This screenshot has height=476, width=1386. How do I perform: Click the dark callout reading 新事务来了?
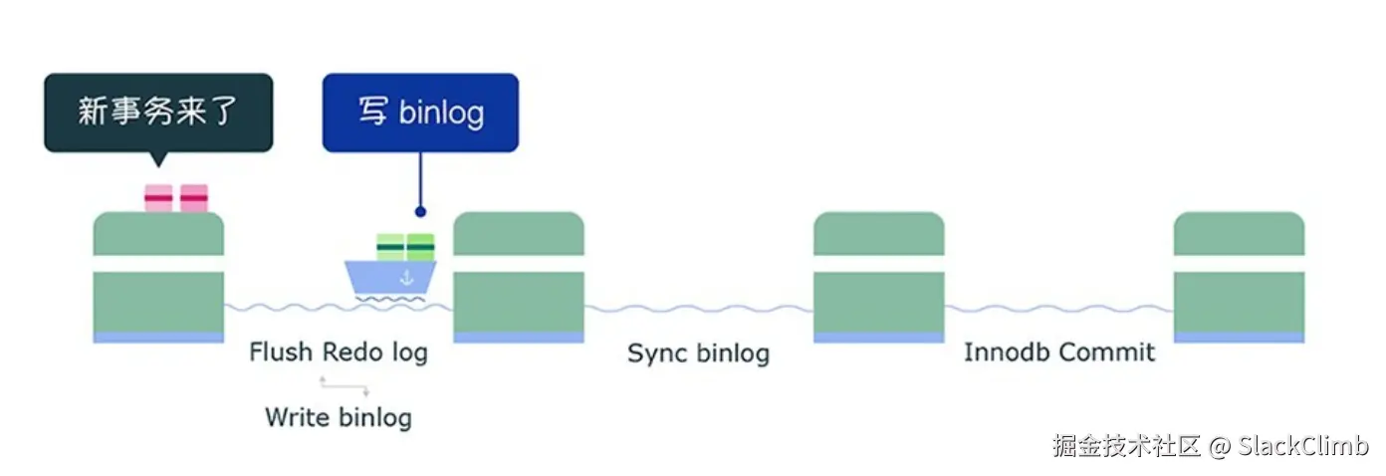click(x=158, y=112)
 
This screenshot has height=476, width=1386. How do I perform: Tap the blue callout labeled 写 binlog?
click(x=420, y=112)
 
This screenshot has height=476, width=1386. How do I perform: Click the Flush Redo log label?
click(x=339, y=352)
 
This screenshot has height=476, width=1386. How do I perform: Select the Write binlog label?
click(x=339, y=416)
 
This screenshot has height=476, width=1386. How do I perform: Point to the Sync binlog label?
click(x=698, y=353)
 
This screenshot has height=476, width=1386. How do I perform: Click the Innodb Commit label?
click(x=1059, y=352)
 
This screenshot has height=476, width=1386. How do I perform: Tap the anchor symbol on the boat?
click(x=405, y=278)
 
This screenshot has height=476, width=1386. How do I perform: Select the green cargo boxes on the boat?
click(x=405, y=246)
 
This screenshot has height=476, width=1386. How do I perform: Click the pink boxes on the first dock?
click(x=176, y=198)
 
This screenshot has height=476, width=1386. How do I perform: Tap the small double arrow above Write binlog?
click(x=344, y=386)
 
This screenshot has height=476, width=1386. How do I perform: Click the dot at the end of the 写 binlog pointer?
click(x=420, y=211)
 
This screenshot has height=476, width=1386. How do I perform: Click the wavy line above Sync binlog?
click(x=698, y=309)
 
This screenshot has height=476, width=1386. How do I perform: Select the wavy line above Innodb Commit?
click(x=1058, y=309)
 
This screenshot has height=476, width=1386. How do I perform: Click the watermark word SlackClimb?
click(x=1303, y=445)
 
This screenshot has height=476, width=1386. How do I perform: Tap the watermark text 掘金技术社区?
click(x=1127, y=445)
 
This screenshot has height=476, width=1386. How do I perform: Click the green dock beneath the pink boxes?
click(x=158, y=279)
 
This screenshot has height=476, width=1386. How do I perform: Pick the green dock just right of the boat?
click(x=519, y=279)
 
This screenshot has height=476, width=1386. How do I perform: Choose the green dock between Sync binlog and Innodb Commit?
click(x=878, y=279)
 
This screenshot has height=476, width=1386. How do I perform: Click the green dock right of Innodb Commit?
click(x=1239, y=279)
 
